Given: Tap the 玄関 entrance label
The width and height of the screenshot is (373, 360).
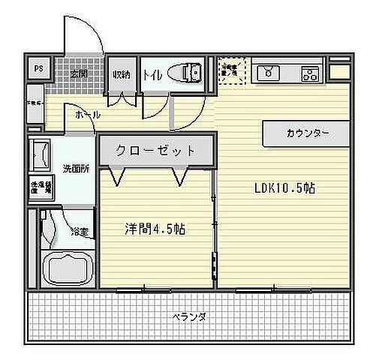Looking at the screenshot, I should pos(80,73).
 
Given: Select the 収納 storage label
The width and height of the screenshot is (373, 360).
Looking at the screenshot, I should pos(122,74).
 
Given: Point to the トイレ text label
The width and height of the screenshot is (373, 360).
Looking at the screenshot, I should pos(152,74).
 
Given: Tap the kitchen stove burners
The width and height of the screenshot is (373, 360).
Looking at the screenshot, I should pos(309,73).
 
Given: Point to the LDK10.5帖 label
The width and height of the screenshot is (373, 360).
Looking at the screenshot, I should pos(284,188).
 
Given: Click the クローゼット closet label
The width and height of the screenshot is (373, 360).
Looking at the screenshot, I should pos(155,149).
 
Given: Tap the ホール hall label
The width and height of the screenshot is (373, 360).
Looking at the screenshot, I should pos(89,115).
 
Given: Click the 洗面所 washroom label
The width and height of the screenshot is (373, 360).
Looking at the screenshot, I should pos(76,169).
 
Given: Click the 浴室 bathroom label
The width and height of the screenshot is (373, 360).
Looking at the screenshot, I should pos(79,231).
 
